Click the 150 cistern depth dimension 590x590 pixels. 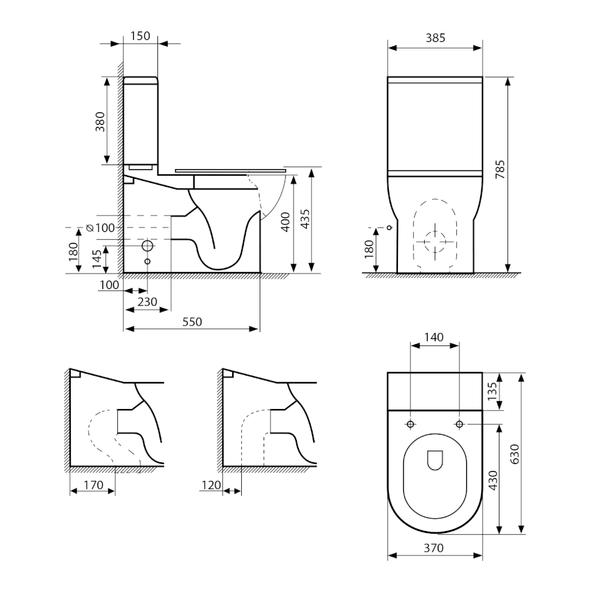tap(140, 36)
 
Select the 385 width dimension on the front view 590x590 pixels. tap(435, 38)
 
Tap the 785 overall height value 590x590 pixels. tap(500, 169)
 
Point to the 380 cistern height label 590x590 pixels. tap(100, 121)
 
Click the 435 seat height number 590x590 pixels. tap(305, 218)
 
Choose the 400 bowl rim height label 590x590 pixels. tap(286, 222)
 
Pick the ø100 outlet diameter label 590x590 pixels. tap(100, 228)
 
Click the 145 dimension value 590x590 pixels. tap(97, 259)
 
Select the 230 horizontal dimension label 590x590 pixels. tap(147, 302)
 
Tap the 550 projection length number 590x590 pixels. tap(192, 322)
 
